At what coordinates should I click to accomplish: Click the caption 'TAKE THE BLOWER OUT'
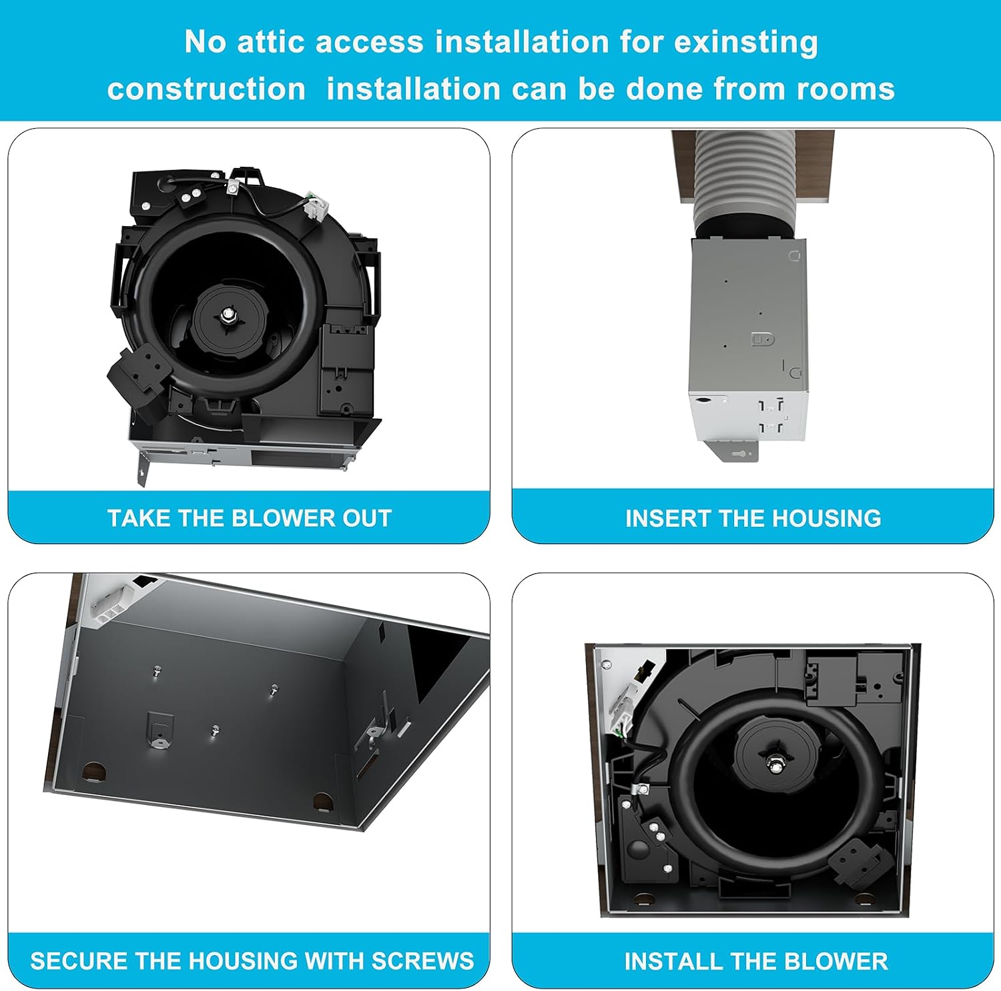[249, 518]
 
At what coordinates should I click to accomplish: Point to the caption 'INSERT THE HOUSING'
[753, 518]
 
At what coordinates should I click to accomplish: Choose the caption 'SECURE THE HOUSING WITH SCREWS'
[252, 961]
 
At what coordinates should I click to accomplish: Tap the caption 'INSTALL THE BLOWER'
[755, 961]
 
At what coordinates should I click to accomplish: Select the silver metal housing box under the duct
[748, 340]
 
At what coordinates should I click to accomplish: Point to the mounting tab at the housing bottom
[737, 451]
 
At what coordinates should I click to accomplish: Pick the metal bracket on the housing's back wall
[159, 730]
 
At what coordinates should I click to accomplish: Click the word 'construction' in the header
[206, 89]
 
